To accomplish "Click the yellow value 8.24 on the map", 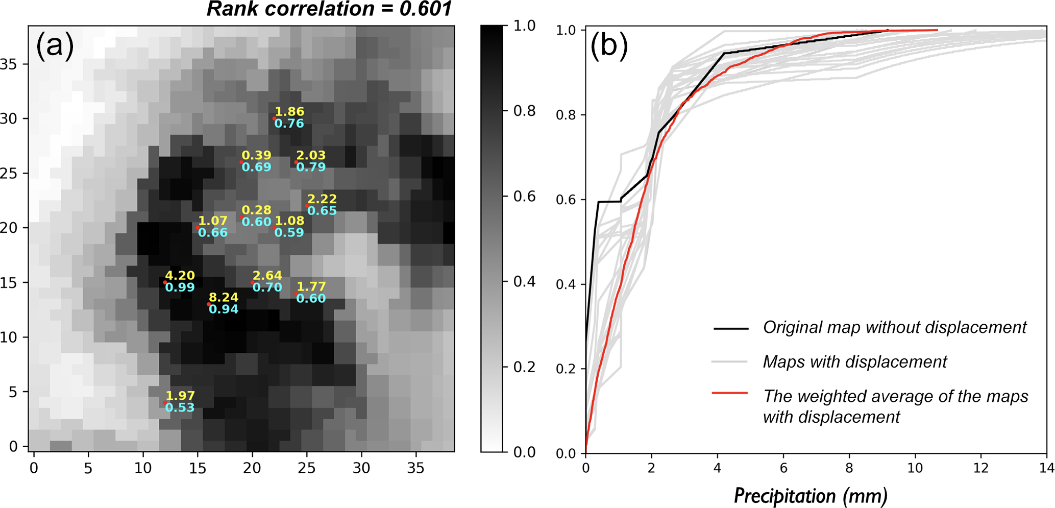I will click(x=224, y=298).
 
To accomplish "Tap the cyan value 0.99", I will click(x=180, y=287).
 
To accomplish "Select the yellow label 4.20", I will click(x=180, y=276).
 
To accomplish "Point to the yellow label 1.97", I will click(x=180, y=396).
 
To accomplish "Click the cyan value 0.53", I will click(x=180, y=407).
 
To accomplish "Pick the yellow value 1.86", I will click(x=289, y=112).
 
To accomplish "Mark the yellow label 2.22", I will click(x=322, y=199).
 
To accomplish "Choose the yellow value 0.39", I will click(x=256, y=155).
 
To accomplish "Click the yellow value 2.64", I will click(x=267, y=276).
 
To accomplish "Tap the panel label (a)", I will click(x=55, y=45).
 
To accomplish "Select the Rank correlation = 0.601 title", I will click(x=329, y=9).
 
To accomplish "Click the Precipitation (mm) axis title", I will click(x=811, y=495).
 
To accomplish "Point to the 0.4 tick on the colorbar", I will click(x=524, y=282).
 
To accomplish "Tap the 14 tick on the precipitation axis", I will click(x=1047, y=468).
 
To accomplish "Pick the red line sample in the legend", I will click(x=730, y=393).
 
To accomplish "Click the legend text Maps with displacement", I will click(x=854, y=361).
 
